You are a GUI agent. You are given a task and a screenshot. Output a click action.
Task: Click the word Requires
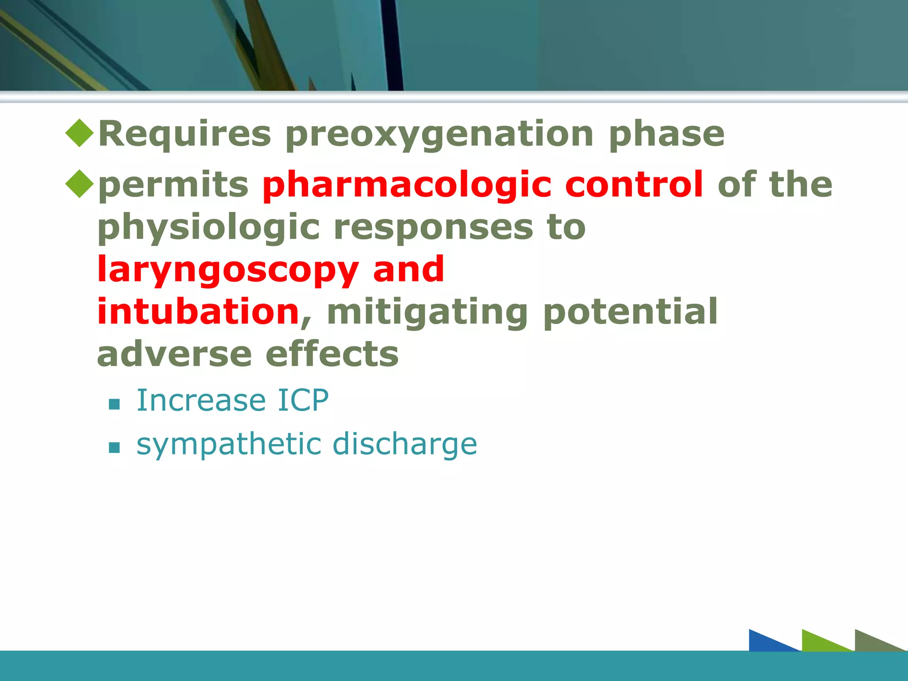point(184,134)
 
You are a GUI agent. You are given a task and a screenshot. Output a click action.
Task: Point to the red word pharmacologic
point(407,185)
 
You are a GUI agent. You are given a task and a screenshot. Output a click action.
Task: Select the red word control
point(634,184)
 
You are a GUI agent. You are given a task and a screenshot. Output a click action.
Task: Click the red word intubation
point(198,312)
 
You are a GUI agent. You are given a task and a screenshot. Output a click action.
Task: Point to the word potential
point(630,312)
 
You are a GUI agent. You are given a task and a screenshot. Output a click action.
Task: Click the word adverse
point(174,355)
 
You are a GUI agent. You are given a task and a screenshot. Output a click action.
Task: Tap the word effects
point(332,355)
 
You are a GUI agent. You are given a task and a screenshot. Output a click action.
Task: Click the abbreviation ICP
point(303,400)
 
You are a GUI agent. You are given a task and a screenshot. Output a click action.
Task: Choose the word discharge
point(404,444)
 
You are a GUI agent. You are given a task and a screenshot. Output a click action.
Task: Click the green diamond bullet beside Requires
point(79,133)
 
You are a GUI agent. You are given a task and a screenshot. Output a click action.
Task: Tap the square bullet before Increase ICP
point(114,404)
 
